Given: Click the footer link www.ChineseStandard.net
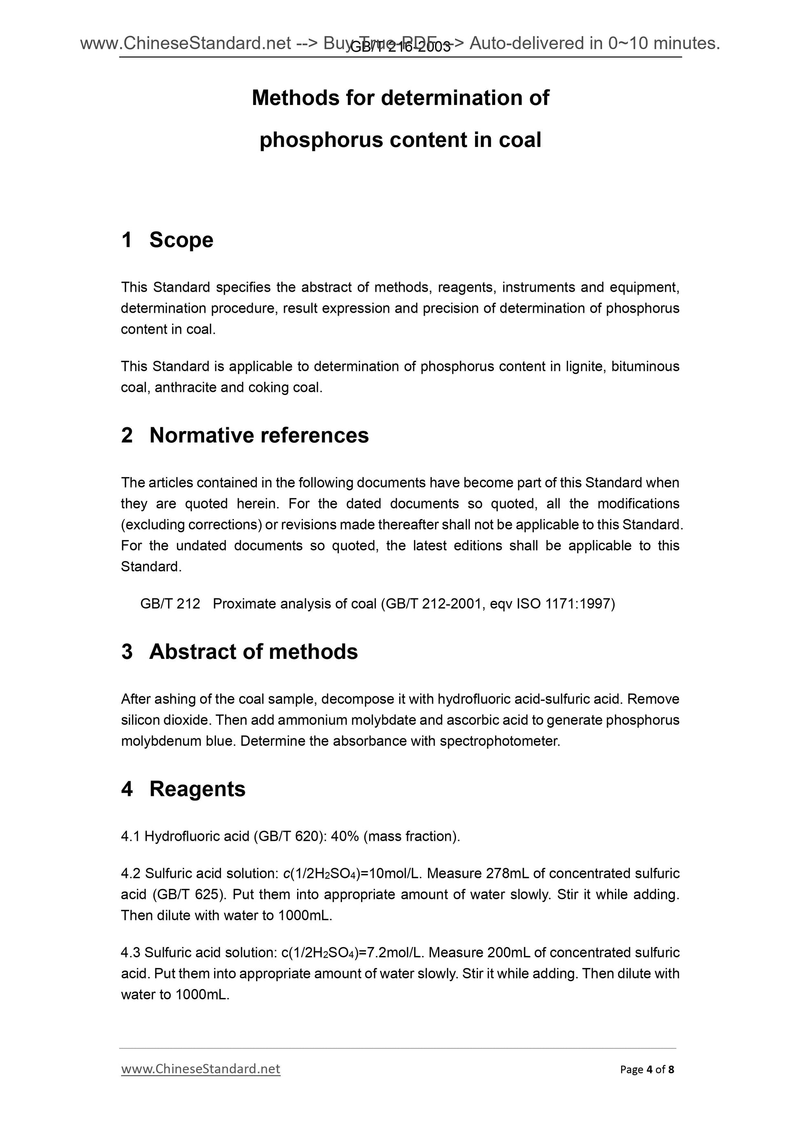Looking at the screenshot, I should [200, 1069].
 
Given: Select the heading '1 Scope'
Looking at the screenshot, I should [167, 240].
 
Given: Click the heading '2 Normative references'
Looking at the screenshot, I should [245, 436].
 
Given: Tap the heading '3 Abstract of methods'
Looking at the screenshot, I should [240, 652].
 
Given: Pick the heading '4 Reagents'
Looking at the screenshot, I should [183, 789].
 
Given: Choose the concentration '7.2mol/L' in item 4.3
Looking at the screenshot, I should [393, 953].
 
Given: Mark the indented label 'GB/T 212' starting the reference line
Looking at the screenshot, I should [170, 604].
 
